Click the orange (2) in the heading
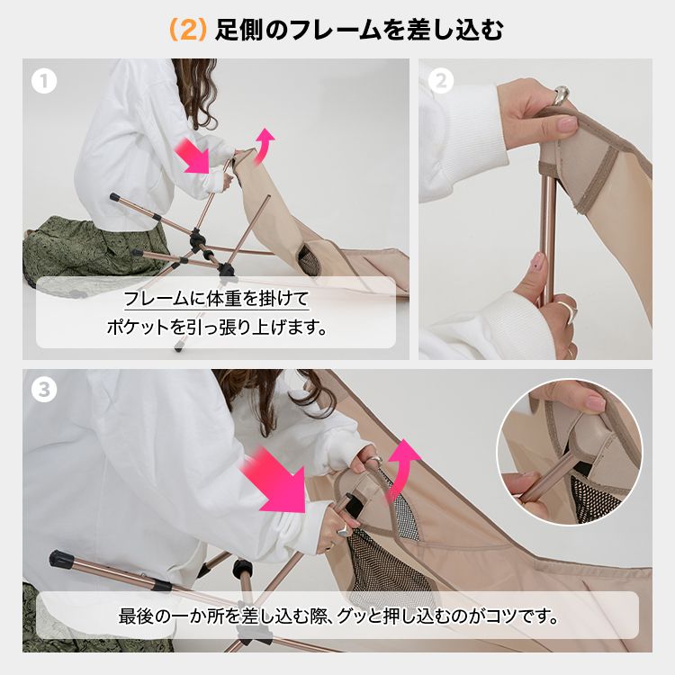(188, 30)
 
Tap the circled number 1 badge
(44, 81)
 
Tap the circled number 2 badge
(441, 81)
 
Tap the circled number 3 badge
(44, 390)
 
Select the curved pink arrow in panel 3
(401, 469)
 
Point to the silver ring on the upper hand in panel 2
(562, 95)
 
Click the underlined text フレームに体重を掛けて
(216, 299)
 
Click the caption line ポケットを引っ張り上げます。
(217, 328)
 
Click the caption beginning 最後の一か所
(338, 616)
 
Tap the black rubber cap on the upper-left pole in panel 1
(115, 198)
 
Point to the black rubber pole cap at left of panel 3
(58, 558)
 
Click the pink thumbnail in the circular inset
(596, 403)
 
